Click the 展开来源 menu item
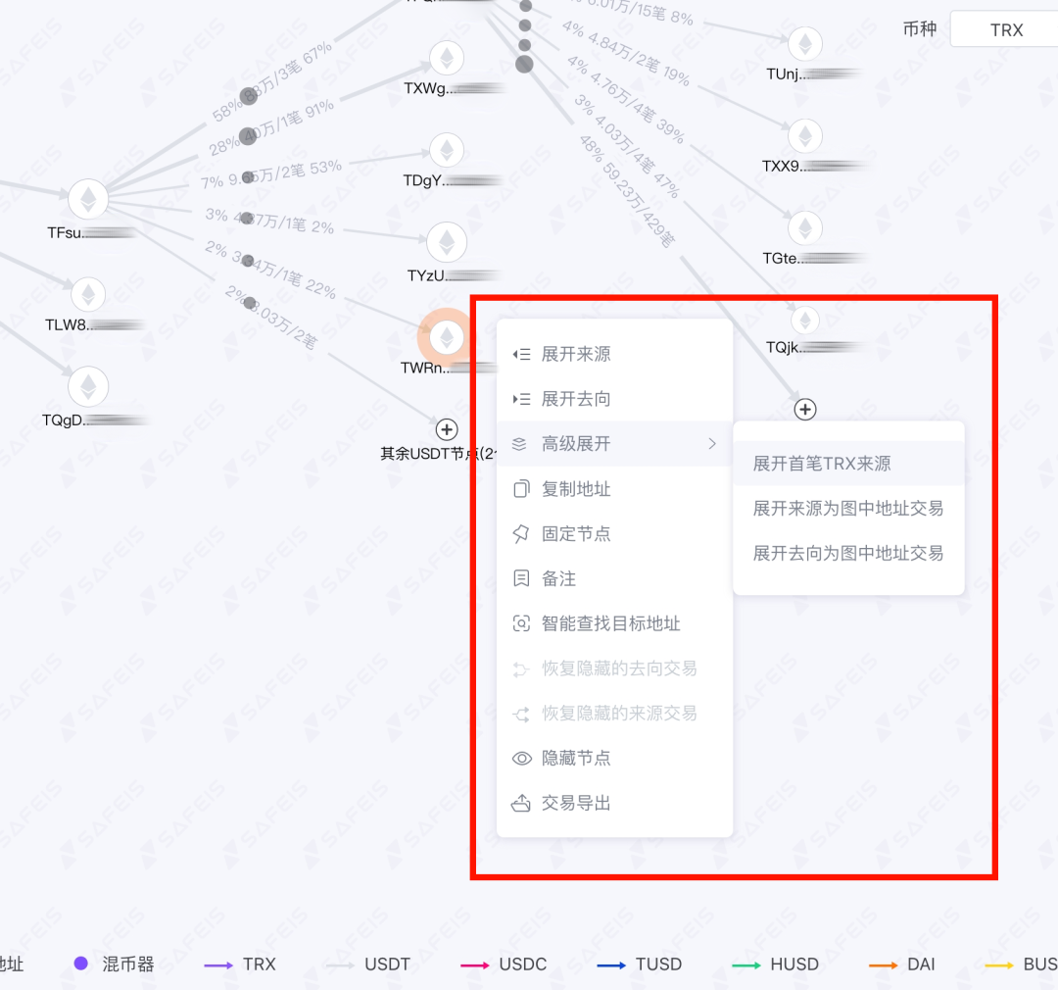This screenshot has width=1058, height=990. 576,354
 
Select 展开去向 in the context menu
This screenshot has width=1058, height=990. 576,399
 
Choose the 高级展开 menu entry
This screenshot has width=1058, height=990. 576,444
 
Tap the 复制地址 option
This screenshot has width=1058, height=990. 576,489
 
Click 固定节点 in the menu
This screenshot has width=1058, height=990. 576,534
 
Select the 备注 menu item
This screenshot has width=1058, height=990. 558,579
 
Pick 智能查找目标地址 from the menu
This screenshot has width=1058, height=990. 610,624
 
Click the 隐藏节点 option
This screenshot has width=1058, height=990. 576,759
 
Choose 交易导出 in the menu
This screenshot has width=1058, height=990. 576,804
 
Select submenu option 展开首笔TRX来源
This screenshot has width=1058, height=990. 822,464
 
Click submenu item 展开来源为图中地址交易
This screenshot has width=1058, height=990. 847,509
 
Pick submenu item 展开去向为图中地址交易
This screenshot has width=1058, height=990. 847,554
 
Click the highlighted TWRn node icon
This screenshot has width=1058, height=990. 447,337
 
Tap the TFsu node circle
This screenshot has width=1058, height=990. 88,199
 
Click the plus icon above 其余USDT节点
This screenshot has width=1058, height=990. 447,429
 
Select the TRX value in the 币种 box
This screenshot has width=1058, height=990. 1006,30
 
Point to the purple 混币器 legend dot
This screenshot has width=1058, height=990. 81,964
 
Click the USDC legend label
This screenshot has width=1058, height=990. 522,965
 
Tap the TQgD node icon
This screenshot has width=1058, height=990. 88,386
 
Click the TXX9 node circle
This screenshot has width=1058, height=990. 805,136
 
